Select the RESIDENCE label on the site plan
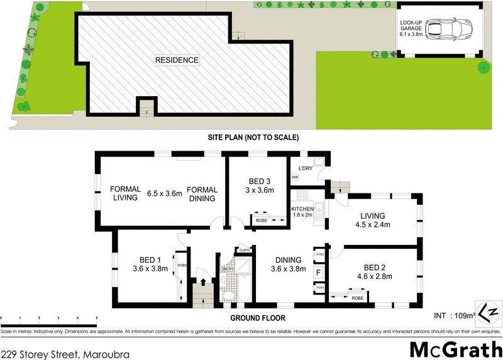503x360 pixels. (177, 60)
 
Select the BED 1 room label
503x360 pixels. (151, 264)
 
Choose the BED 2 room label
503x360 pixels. (374, 268)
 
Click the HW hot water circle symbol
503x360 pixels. (294, 178)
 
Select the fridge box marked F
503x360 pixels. (319, 273)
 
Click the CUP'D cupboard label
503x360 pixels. (245, 249)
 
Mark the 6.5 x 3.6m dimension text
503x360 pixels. (164, 194)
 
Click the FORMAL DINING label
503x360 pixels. (202, 194)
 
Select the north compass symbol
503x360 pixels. (489, 312)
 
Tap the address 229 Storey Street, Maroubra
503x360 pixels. (65, 354)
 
